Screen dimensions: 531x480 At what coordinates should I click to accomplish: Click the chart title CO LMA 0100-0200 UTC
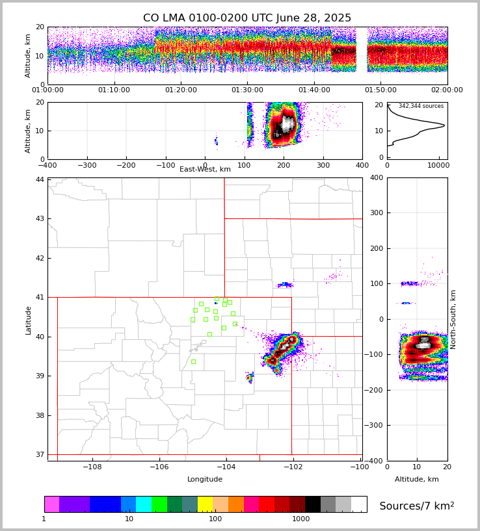tap(247, 18)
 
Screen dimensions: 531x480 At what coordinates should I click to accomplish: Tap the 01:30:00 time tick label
tap(247, 90)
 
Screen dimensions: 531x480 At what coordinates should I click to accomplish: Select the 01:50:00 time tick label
tap(380, 90)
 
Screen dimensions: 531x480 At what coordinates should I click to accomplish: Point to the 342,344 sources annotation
tap(421, 106)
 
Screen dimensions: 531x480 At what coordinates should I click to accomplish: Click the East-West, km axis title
tap(205, 170)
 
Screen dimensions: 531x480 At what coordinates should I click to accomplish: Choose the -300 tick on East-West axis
tap(87, 165)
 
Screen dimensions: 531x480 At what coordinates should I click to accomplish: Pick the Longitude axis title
tap(205, 480)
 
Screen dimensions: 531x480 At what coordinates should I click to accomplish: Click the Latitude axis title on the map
tap(28, 320)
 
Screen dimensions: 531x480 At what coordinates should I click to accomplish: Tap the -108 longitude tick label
tap(92, 467)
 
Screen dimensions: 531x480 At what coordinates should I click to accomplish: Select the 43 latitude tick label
tap(40, 219)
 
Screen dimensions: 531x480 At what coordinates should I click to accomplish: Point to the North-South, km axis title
tap(453, 319)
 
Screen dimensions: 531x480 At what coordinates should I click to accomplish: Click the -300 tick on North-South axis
tap(375, 426)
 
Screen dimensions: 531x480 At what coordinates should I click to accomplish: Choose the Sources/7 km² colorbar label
tap(417, 506)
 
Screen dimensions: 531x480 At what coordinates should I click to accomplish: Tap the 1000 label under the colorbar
tap(301, 519)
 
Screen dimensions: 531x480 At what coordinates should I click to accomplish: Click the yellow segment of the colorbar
tap(205, 504)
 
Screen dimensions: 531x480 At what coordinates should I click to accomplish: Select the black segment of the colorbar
tap(313, 504)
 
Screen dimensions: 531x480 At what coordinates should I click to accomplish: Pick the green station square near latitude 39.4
tap(193, 361)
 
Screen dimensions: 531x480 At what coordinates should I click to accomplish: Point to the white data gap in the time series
tap(362, 55)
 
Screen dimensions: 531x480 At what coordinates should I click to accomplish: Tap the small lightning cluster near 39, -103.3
tap(250, 378)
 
